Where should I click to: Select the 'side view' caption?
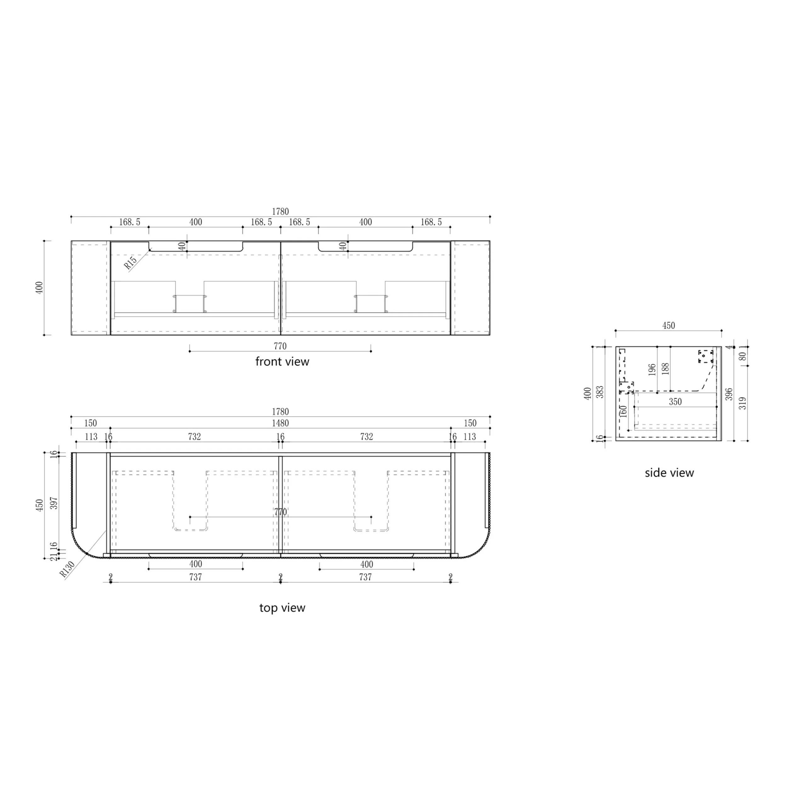pos(669,473)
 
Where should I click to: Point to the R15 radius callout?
pos(130,263)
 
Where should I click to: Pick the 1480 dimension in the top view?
pos(280,423)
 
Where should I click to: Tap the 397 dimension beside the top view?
pos(54,503)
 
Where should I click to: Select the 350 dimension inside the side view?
pos(675,402)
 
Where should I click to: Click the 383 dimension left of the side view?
pos(600,392)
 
